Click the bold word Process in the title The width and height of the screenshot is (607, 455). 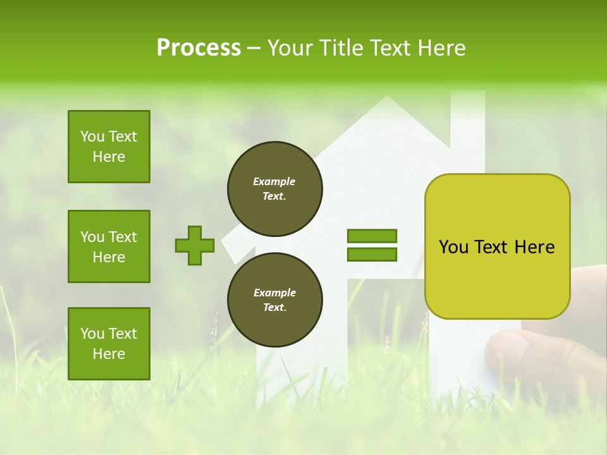[x=199, y=48]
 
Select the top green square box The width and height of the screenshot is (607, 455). [x=109, y=147]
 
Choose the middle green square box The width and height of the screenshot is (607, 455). [x=109, y=246]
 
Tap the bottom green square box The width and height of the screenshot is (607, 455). [x=109, y=344]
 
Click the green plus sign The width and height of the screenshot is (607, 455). [x=195, y=245]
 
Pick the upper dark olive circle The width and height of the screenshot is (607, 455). [x=274, y=189]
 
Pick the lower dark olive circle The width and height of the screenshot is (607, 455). [x=274, y=300]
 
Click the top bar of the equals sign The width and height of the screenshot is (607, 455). [x=372, y=236]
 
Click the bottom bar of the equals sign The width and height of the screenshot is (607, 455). [x=372, y=255]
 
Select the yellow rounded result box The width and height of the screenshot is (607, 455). [x=497, y=246]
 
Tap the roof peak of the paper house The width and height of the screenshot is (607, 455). [x=387, y=99]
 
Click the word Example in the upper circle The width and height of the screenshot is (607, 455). [x=274, y=181]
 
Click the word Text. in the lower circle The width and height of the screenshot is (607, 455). [x=274, y=308]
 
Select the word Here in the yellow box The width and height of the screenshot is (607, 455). [x=534, y=247]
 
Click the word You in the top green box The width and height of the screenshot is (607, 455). [x=92, y=136]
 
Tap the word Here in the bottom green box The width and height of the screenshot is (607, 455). [x=109, y=354]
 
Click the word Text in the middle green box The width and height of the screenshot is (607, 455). [x=122, y=237]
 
